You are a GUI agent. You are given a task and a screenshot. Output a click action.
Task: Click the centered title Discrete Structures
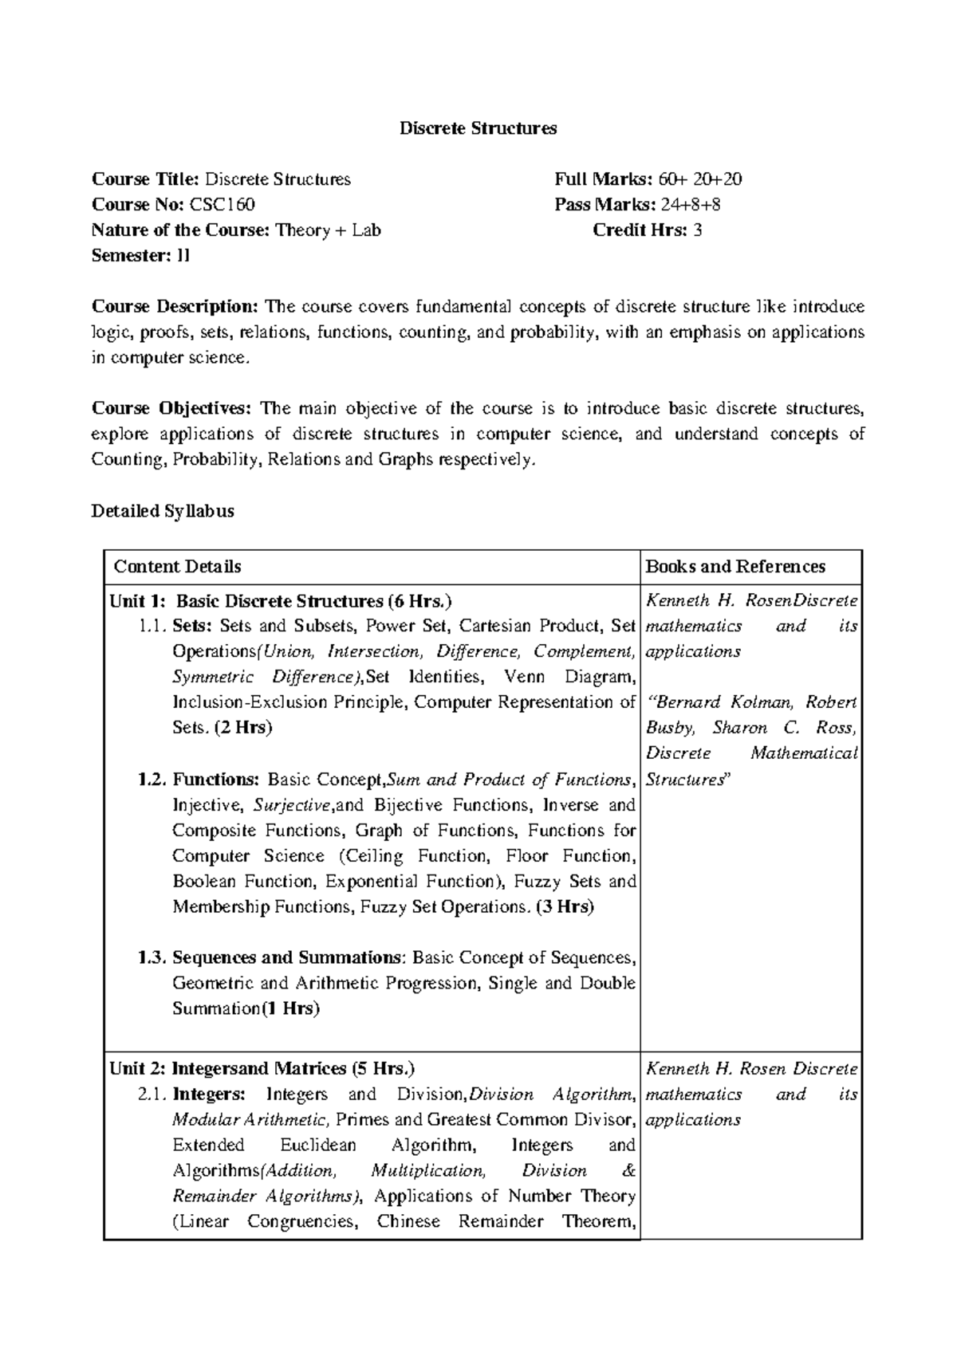tap(478, 128)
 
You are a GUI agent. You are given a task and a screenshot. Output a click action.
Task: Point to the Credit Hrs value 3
tap(698, 230)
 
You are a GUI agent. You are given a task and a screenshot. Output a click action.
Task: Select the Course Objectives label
tap(171, 409)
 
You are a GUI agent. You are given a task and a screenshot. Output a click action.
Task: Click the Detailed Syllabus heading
tap(163, 511)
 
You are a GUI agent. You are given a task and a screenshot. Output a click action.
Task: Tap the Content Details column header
tap(177, 567)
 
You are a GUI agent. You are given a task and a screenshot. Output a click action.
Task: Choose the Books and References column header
tap(735, 567)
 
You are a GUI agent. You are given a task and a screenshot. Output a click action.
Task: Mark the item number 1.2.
tap(152, 780)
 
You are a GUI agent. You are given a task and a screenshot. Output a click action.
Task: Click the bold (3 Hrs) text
tap(565, 906)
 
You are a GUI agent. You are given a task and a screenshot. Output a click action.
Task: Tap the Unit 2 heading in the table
tap(262, 1069)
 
